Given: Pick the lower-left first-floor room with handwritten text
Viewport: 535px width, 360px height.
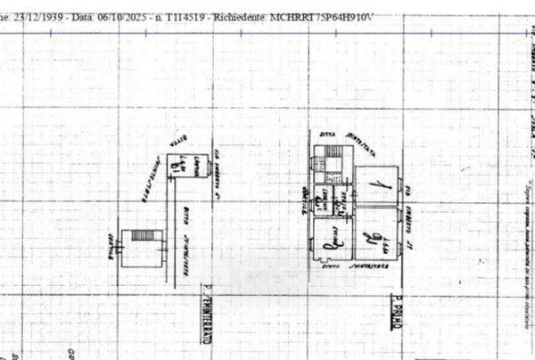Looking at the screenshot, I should click(332, 238).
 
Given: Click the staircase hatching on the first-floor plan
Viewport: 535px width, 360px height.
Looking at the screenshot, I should click(356, 164).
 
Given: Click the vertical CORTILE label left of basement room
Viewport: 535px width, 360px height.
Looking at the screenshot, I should click(111, 241).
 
